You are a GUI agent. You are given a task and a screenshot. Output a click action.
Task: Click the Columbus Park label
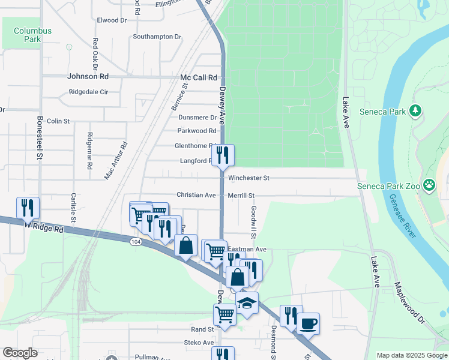pos(32,35)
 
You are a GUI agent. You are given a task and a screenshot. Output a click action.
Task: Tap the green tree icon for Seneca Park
pos(415,110)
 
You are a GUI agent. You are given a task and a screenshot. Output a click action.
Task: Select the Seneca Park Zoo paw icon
pos(429,185)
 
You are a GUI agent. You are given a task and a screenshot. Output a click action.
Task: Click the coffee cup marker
pos(309,324)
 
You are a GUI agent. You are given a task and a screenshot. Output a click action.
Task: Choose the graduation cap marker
pos(246,303)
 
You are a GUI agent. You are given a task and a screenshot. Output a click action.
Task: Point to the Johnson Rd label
pos(88,77)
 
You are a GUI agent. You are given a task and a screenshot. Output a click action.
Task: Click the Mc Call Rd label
pos(198,78)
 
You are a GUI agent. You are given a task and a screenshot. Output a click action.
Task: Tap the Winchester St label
pos(249,178)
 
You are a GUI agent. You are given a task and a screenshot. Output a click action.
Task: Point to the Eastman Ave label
pos(247,249)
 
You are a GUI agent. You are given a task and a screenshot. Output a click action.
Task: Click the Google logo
pos(20,353)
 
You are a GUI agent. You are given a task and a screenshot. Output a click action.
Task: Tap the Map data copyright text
pos(411,355)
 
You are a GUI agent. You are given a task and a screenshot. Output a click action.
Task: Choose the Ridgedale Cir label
pos(88,92)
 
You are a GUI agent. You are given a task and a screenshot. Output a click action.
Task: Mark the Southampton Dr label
pos(157,37)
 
